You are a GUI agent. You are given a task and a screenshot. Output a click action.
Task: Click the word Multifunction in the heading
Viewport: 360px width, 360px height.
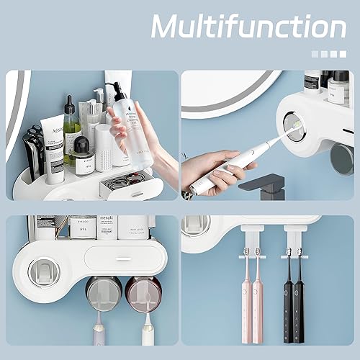point(248,27)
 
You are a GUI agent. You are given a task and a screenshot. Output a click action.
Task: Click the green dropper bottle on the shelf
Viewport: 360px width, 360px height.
point(71,130)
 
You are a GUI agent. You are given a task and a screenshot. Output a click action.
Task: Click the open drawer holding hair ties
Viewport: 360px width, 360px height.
point(127,186)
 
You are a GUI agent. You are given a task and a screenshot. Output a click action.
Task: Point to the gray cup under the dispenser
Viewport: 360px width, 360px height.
point(341,158)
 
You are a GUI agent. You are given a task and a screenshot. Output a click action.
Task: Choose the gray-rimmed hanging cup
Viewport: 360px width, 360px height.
point(104,294)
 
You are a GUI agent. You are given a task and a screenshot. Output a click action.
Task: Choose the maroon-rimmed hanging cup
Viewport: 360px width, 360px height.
point(143,294)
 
